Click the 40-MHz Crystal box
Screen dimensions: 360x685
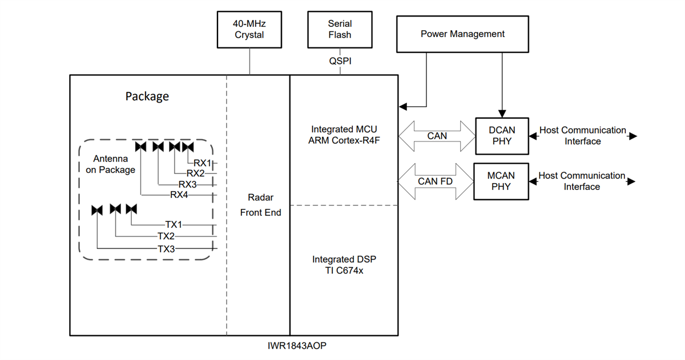tap(249, 29)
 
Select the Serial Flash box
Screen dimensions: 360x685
tap(340, 29)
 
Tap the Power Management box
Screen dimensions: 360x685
tap(462, 34)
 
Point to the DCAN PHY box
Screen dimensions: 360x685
tap(501, 136)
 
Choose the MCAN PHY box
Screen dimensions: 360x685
tap(501, 181)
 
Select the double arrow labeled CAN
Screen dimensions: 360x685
tap(437, 136)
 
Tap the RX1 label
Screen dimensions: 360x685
tap(202, 163)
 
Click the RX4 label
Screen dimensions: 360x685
tap(179, 195)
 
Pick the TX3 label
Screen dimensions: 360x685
tap(166, 248)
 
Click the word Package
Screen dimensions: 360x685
tap(147, 96)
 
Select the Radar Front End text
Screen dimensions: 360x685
tap(261, 205)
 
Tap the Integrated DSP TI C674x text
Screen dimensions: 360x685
tap(344, 265)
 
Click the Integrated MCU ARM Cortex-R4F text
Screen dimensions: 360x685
tap(344, 135)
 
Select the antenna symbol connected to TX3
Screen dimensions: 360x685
tap(97, 210)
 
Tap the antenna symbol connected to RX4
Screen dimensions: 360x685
tap(140, 147)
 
